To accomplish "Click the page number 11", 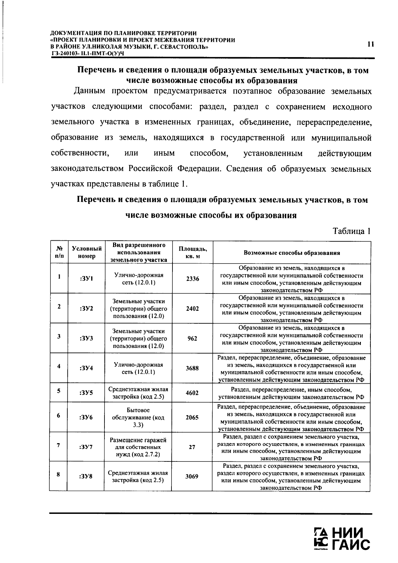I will tap(371, 44).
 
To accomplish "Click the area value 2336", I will tap(192, 279).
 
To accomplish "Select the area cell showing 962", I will tap(192, 339).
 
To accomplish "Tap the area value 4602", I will tap(192, 393).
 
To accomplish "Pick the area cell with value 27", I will tap(192, 447).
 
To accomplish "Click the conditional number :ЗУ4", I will tap(86, 368).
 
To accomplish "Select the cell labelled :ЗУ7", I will tap(86, 447).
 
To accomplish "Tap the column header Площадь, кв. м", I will tap(193, 253).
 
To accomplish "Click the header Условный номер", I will tap(87, 253).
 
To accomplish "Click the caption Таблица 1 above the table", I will tap(351, 231).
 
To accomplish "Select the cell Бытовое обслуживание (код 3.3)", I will tap(138, 418).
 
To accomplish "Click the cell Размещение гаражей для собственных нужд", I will tap(138, 447).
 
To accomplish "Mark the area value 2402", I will tap(192, 309).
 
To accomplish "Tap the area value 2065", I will tap(192, 418).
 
